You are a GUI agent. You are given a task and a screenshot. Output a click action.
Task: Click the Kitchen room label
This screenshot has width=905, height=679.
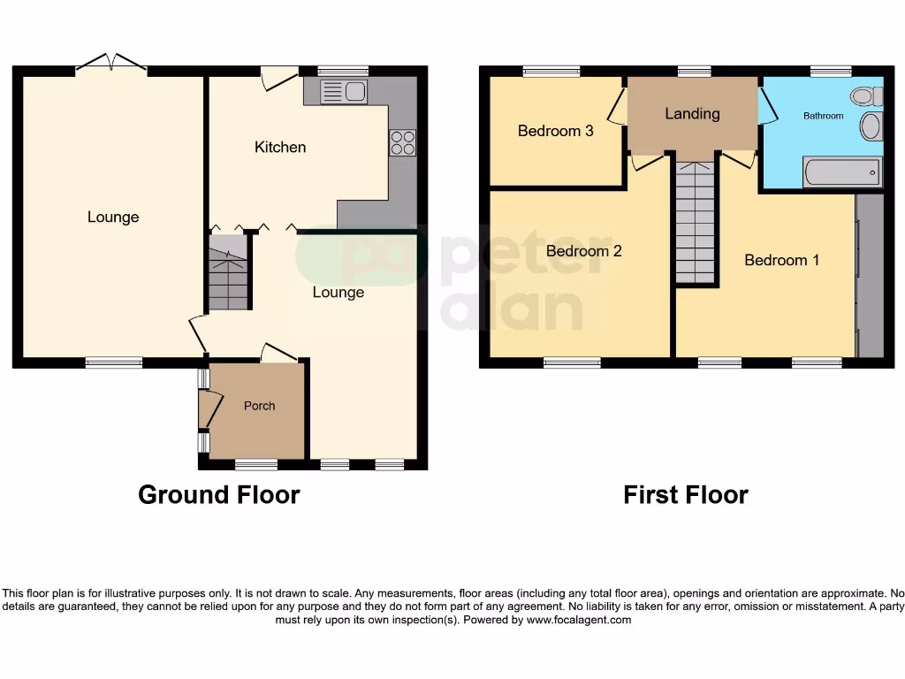click(x=280, y=148)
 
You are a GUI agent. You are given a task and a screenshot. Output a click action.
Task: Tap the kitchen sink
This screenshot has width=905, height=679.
click(x=344, y=91)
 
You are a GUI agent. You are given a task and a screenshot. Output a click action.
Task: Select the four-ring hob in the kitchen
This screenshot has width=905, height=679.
click(x=402, y=142)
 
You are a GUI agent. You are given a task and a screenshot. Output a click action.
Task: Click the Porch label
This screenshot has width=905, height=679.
click(x=259, y=407)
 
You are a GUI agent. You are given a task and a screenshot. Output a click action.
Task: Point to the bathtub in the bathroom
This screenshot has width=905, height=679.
click(x=841, y=172)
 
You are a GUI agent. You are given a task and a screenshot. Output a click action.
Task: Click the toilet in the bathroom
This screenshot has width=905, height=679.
click(x=865, y=95)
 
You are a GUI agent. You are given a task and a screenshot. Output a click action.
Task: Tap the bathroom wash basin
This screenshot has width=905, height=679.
click(x=871, y=126)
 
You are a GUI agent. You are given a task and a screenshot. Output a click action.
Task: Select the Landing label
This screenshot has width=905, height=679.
click(x=692, y=114)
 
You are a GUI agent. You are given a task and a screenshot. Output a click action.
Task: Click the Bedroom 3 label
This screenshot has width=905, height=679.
click(x=555, y=131)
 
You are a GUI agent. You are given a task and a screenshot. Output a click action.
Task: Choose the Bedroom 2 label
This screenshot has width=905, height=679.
click(x=583, y=251)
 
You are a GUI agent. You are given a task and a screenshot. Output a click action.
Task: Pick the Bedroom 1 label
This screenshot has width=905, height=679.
click(x=781, y=260)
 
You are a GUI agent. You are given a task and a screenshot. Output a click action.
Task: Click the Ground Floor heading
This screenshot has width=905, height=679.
click(x=218, y=495)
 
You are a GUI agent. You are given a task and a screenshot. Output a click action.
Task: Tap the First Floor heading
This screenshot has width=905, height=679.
click(x=685, y=495)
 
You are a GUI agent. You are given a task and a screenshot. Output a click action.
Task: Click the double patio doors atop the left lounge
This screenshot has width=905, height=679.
click(x=111, y=64)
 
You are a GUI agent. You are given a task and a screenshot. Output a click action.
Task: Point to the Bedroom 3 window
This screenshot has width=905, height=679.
click(x=551, y=72)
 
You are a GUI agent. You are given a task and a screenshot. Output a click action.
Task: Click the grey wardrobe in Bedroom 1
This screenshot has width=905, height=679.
click(x=870, y=276)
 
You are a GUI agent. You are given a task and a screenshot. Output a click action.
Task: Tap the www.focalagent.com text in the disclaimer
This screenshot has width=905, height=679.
click(x=579, y=621)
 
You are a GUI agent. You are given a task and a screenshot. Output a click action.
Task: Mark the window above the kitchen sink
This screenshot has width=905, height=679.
click(x=343, y=72)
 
